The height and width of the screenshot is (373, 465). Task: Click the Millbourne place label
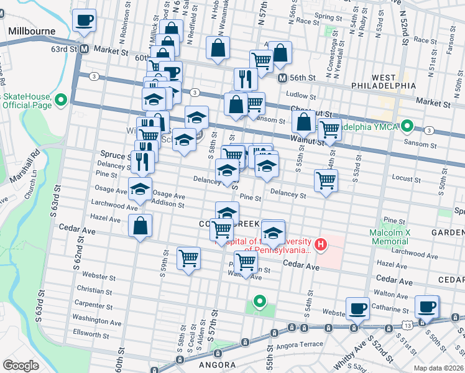click(32, 30)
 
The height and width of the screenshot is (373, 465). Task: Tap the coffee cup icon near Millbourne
click(84, 20)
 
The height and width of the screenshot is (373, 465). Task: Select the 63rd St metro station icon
click(83, 48)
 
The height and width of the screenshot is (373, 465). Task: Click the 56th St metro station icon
click(282, 78)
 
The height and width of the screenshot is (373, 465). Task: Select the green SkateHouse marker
click(61, 99)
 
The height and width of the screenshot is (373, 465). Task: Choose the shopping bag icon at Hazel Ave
click(140, 225)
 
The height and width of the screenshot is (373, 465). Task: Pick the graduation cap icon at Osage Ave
click(140, 188)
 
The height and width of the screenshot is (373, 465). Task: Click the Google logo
click(21, 366)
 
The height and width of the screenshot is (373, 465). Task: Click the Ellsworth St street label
click(91, 334)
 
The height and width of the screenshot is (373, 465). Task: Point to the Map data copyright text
click(438, 368)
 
